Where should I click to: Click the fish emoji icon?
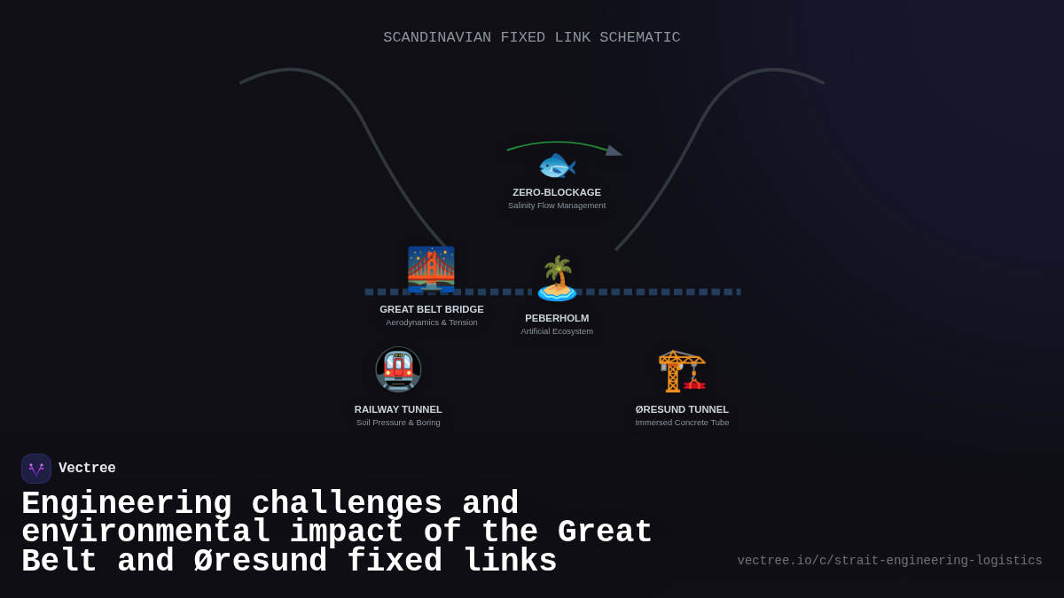pos(557,166)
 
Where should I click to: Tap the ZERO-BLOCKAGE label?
pos(557,192)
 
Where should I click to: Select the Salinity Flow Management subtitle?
pos(557,206)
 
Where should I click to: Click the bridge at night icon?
pos(431,269)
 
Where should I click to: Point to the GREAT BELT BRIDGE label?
pos(432,309)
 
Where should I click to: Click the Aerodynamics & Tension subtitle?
pos(432,322)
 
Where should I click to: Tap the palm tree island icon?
pos(557,279)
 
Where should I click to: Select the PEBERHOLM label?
pos(557,318)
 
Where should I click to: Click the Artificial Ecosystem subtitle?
pos(557,331)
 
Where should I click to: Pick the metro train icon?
pos(398,370)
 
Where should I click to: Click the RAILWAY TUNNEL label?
pos(398,409)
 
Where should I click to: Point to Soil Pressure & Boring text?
pos(398,423)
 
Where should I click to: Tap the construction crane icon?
pos(682,370)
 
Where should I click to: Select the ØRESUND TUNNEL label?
pos(682,409)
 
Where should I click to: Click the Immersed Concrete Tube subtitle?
pos(682,423)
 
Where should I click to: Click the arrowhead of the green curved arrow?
pos(614,151)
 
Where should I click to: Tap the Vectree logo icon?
pos(36,469)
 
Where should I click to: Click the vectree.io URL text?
pos(889,561)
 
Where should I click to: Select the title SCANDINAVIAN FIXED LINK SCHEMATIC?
pos(532,37)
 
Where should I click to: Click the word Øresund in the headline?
pos(260,562)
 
